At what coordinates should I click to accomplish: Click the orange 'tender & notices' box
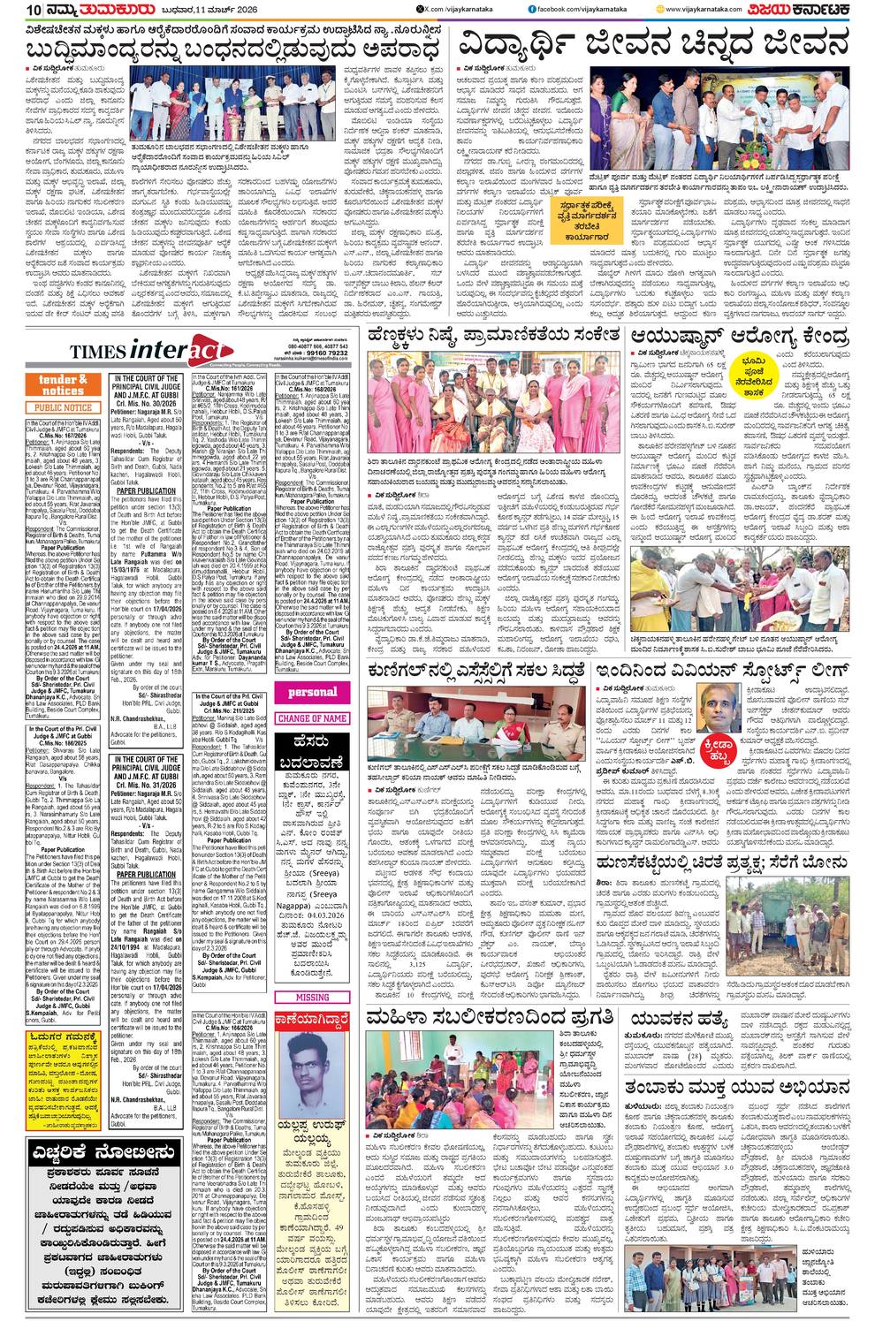pos(63,384)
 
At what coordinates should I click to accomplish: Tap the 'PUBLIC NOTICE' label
pos(64,407)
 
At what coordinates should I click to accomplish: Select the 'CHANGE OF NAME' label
pos(313,718)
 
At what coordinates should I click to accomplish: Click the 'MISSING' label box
pos(313,997)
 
